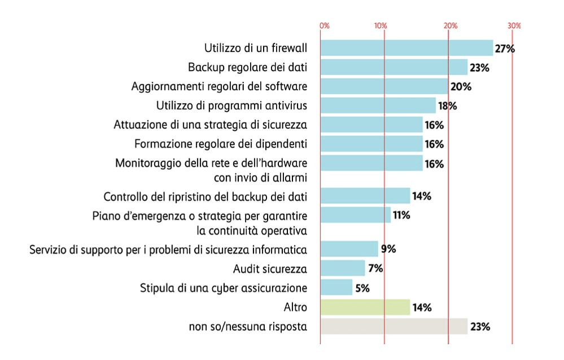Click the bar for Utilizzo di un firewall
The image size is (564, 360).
[x=406, y=48]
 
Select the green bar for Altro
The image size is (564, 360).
[x=365, y=308]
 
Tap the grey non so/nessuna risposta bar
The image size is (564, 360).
[x=394, y=327]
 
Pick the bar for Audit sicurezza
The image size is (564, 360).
[x=343, y=268]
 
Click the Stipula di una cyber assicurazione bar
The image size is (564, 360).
[x=336, y=288]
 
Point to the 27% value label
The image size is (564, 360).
[x=505, y=49]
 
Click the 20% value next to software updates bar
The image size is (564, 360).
[x=461, y=87]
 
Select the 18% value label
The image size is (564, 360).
[x=447, y=106]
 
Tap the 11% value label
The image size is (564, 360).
[x=401, y=215]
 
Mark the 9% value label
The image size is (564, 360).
[x=388, y=249]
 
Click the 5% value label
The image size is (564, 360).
[x=362, y=288]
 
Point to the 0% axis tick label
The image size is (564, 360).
[x=324, y=26]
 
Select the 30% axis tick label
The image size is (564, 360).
[x=513, y=26]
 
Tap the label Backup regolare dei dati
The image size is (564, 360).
[x=247, y=68]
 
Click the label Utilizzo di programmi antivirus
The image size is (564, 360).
[x=231, y=106]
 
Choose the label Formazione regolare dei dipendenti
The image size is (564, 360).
[x=221, y=144]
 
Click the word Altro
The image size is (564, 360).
[x=295, y=308]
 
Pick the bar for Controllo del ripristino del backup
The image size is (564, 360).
[x=365, y=196]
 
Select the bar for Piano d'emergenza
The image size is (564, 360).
[x=355, y=215]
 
